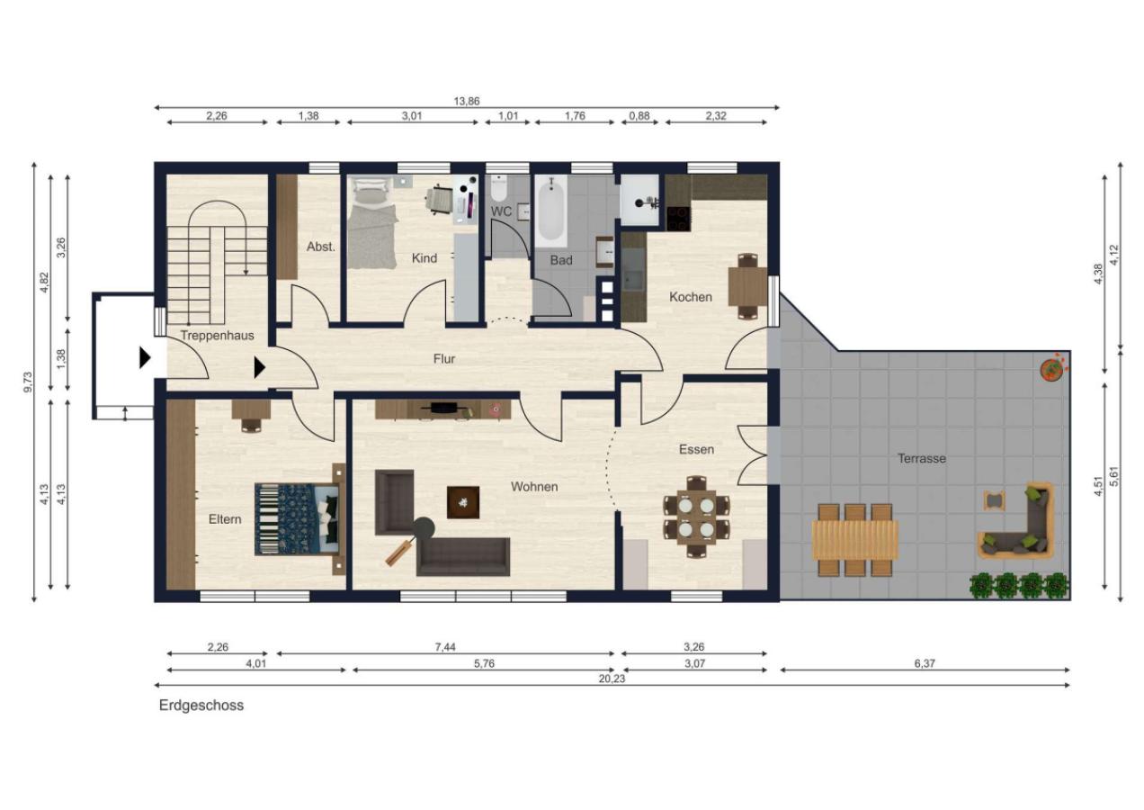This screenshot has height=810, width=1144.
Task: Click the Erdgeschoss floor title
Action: point(201,706)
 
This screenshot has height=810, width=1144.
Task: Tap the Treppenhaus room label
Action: point(217,336)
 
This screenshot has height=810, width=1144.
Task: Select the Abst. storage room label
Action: point(321,247)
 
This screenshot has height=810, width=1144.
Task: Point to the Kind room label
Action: point(425,258)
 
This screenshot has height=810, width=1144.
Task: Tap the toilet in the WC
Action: point(498,188)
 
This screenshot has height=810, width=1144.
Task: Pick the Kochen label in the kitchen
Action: point(691,297)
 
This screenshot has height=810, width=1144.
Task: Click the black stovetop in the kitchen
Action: point(679,218)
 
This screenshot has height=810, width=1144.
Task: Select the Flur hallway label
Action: point(443,359)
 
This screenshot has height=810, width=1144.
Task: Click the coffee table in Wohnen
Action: point(463,502)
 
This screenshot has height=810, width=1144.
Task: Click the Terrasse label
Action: point(922,458)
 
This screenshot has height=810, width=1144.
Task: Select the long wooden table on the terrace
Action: point(855,540)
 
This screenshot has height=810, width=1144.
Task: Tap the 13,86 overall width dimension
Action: point(467,101)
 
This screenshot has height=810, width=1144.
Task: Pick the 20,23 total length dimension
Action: point(612,679)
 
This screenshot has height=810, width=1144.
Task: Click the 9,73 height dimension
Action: point(28,382)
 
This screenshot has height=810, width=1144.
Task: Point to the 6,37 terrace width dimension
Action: point(925,663)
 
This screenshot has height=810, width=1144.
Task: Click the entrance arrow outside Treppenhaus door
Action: point(146,357)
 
